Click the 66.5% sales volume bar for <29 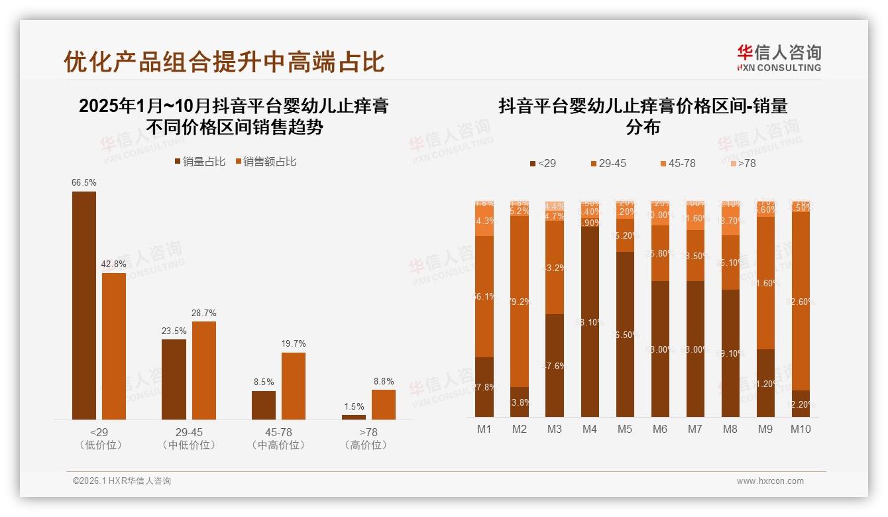pyautogui.click(x=84, y=305)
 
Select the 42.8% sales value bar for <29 pyautogui.click(x=114, y=346)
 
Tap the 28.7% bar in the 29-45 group pyautogui.click(x=204, y=370)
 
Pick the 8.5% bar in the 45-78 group pyautogui.click(x=264, y=405)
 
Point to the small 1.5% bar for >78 pyautogui.click(x=354, y=417)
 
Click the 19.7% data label pyautogui.click(x=294, y=343)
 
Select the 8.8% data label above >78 pyautogui.click(x=383, y=381)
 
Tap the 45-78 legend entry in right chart pyautogui.click(x=677, y=163)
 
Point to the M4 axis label pyautogui.click(x=589, y=429)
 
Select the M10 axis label pyautogui.click(x=801, y=429)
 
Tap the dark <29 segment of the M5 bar pyautogui.click(x=625, y=334)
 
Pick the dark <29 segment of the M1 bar pyautogui.click(x=484, y=387)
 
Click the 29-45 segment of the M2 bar pyautogui.click(x=520, y=302)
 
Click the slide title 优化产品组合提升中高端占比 pyautogui.click(x=224, y=62)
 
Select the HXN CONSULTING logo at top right pyautogui.click(x=779, y=58)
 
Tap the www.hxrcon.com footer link pyautogui.click(x=770, y=481)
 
